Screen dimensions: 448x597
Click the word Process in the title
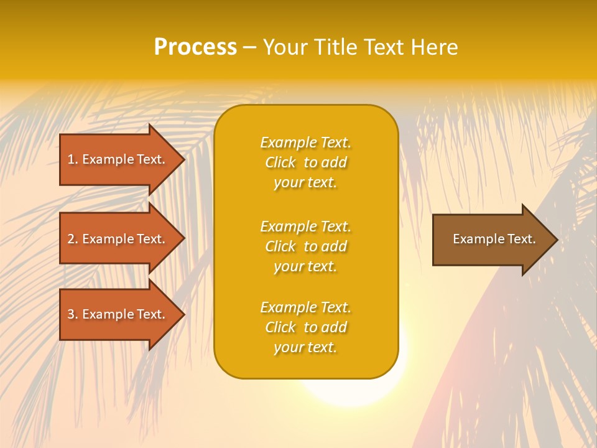(195, 47)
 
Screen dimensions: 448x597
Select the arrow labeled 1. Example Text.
(118, 159)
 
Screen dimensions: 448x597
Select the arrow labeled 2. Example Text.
(118, 239)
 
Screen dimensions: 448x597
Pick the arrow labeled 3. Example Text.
(118, 314)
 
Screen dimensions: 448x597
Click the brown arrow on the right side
(491, 239)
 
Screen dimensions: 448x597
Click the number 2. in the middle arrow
(73, 239)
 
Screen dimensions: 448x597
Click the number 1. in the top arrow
(73, 159)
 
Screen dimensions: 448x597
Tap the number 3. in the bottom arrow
(73, 314)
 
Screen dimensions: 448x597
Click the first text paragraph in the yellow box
(305, 162)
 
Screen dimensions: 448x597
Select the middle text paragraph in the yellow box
(305, 246)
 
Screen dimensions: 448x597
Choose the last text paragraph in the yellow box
(305, 327)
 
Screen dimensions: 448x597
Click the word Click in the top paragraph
(280, 162)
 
